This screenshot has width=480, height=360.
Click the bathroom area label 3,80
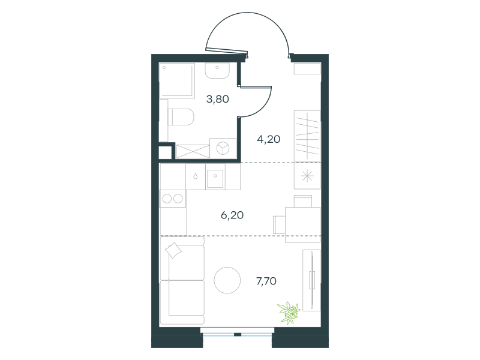click(218, 99)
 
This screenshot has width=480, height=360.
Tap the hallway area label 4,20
click(268, 139)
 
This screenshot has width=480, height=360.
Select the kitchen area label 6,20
click(232, 215)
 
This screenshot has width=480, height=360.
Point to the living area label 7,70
click(266, 281)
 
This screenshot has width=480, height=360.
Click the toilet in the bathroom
click(181, 117)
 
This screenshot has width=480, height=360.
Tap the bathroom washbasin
click(217, 71)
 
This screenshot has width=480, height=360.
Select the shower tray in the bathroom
click(177, 80)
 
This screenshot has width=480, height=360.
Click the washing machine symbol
click(223, 148)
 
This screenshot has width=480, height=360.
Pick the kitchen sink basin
click(215, 179)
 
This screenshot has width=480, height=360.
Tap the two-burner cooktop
click(173, 199)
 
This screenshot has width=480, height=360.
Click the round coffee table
click(227, 280)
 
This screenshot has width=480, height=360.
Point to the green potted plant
click(289, 312)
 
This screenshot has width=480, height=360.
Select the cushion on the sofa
click(173, 250)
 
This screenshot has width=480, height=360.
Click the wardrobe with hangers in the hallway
click(307, 136)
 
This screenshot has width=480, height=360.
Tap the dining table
click(303, 225)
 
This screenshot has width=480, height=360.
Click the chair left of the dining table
click(279, 224)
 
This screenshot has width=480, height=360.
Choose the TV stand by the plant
click(311, 280)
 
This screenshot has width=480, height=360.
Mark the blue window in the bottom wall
click(237, 332)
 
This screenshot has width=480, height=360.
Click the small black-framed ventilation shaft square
click(165, 153)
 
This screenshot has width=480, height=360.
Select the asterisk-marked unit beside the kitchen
click(307, 176)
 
